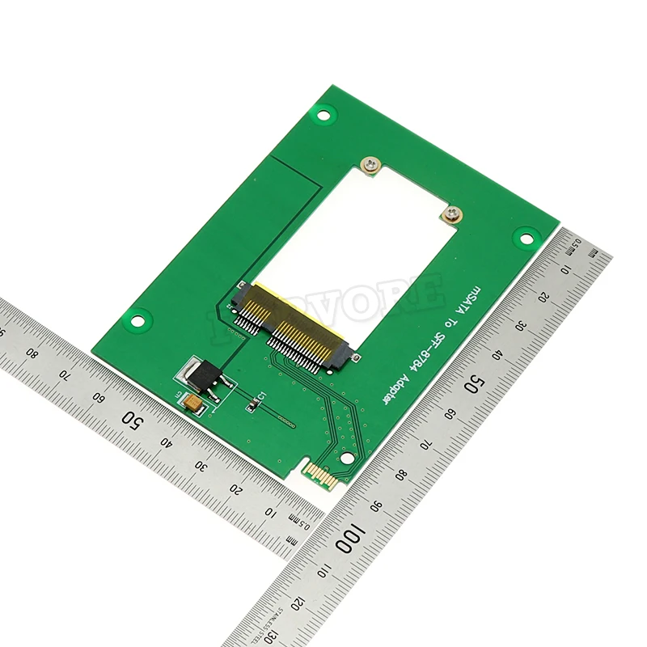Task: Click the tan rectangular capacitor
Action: click(194, 401)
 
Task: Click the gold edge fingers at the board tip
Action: click(319, 476)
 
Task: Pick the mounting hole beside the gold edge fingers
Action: click(347, 458)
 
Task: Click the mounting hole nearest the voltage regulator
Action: click(137, 321)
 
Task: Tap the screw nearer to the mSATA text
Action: click(451, 214)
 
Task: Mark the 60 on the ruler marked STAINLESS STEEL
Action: click(449, 413)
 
